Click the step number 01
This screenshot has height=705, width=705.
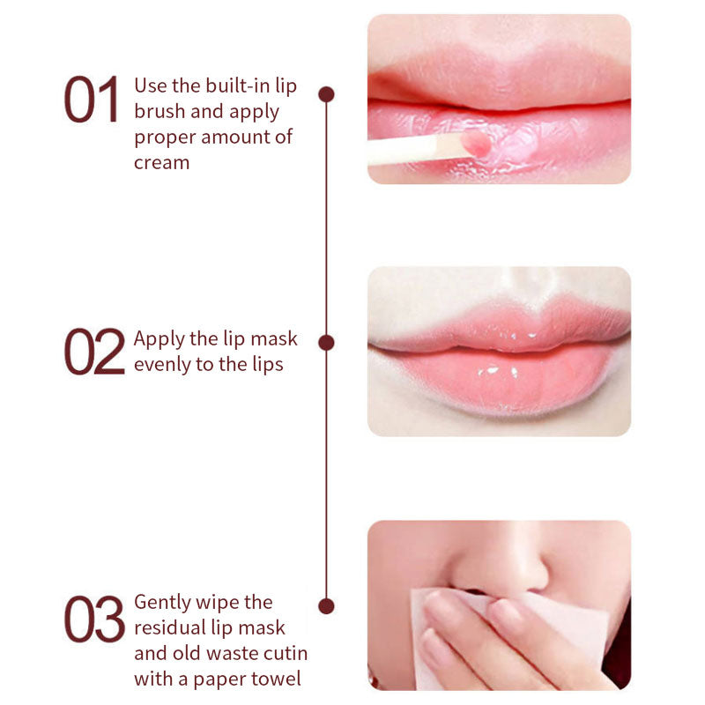[91, 100]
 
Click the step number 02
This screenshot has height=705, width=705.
[93, 352]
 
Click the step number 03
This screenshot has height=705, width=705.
[93, 618]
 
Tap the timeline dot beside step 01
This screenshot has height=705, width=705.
[326, 93]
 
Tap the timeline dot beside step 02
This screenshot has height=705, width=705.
[326, 342]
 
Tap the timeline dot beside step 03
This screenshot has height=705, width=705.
[326, 605]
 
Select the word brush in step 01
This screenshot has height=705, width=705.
[158, 112]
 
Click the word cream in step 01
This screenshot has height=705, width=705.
[161, 162]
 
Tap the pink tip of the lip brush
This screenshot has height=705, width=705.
[476, 143]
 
